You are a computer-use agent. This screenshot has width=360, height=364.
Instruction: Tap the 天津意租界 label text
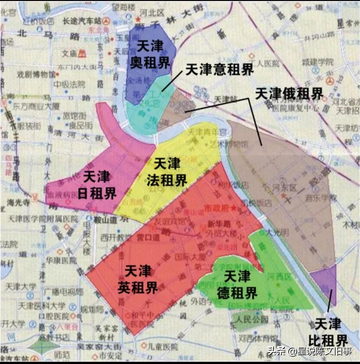pyautogui.click(x=220, y=70)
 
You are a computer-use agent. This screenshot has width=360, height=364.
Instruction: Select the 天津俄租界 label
pyautogui.click(x=289, y=94)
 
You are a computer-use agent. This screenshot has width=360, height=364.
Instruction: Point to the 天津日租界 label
pyautogui.click(x=97, y=185)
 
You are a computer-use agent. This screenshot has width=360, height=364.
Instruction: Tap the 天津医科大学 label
pyautogui.click(x=38, y=305)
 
